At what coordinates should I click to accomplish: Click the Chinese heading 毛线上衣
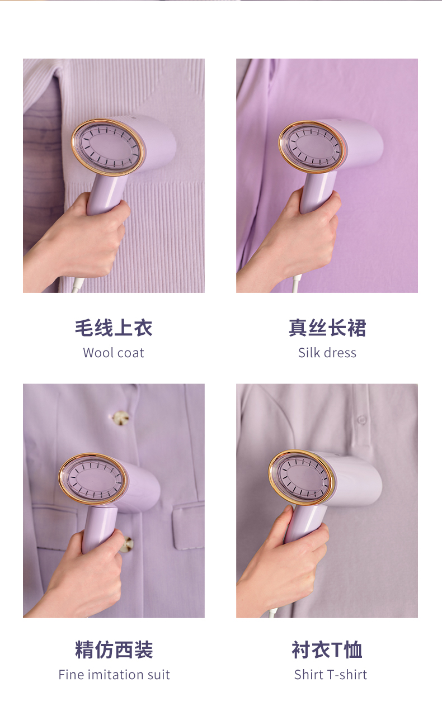coord(114,328)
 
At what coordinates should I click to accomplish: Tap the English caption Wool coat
coord(114,353)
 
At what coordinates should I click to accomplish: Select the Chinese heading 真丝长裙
coord(327,328)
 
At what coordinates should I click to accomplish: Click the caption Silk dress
coord(327,353)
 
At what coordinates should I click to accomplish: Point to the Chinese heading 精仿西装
coord(114,650)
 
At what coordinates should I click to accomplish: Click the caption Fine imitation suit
coord(114,675)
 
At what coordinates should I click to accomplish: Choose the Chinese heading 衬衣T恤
coord(327,650)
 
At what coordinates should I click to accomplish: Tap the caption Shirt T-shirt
coord(331,675)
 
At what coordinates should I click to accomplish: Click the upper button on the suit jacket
coord(121,419)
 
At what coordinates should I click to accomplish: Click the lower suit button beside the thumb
coord(127,545)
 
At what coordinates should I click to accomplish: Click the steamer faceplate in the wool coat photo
coord(108,148)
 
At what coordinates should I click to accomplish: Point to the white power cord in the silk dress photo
coord(295,283)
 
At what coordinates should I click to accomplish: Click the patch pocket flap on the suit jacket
coord(189,526)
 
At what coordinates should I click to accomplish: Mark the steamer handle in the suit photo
coord(98,528)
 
